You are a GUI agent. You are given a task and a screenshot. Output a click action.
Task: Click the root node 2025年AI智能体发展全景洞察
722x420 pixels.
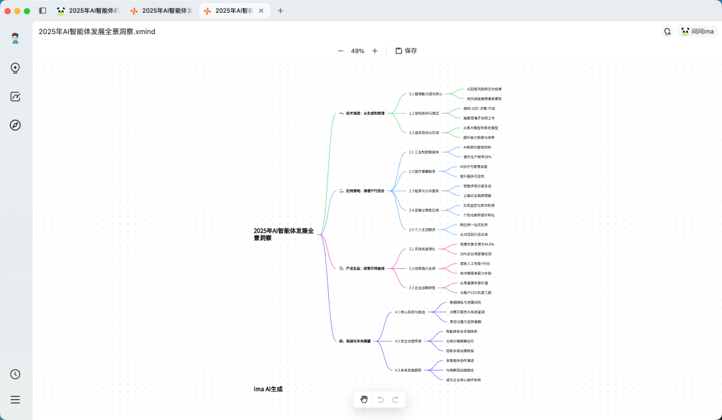coord(284,234)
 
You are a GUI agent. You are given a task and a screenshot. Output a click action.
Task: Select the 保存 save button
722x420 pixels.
coord(406,51)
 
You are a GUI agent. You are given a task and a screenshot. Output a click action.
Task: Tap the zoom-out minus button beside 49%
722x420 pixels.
coord(340,51)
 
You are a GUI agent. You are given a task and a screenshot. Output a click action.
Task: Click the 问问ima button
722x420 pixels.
coord(697,31)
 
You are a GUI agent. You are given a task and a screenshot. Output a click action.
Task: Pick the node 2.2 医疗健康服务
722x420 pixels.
coord(422,171)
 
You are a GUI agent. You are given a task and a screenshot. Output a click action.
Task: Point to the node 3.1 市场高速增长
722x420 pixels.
coord(422,249)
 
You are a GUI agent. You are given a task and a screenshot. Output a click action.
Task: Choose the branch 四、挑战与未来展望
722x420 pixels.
coord(354,341)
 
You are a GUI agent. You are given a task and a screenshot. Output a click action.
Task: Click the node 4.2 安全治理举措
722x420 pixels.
coord(408,341)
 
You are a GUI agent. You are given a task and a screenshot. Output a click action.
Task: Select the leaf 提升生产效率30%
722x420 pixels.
coord(477,156)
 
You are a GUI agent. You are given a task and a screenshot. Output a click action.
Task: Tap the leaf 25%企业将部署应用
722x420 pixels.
coord(476,254)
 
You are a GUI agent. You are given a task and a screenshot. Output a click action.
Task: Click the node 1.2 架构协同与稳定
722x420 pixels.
coord(424,113)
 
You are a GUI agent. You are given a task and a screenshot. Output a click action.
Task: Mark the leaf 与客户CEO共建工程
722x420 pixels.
coord(475,292)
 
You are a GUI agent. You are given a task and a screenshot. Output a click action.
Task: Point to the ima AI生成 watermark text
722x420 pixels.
coord(268,389)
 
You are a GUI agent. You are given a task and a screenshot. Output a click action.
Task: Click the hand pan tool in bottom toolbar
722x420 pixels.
coord(364,399)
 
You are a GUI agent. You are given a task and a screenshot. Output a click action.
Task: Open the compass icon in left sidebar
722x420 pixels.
coord(15,125)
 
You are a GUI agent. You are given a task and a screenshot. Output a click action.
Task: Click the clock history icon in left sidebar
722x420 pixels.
coord(15,375)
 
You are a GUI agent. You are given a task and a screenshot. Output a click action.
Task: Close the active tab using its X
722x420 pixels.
coord(261,11)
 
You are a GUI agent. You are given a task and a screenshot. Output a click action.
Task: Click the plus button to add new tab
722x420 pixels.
coord(280,11)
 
